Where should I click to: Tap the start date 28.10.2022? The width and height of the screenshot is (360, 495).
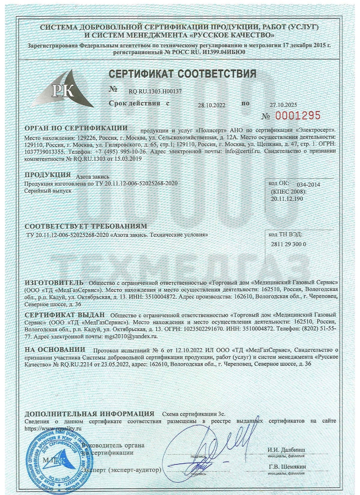pyautogui.click(x=211, y=105)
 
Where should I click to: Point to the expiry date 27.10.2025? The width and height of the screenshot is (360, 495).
pyautogui.click(x=283, y=105)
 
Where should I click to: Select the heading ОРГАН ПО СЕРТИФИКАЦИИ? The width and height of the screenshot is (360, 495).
pyautogui.click(x=76, y=128)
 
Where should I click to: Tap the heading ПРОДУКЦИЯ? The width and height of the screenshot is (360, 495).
pyautogui.click(x=47, y=175)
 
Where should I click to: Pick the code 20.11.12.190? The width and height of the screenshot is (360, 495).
pyautogui.click(x=287, y=198)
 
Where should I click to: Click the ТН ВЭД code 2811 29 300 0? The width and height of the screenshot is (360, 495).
pyautogui.click(x=289, y=244)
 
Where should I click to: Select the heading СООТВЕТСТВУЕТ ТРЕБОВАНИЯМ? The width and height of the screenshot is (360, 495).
pyautogui.click(x=86, y=226)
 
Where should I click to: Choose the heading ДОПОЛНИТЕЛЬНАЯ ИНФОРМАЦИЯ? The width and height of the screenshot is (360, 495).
pyautogui.click(x=89, y=414)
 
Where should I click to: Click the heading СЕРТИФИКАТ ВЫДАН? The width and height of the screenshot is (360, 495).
pyautogui.click(x=65, y=315)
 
